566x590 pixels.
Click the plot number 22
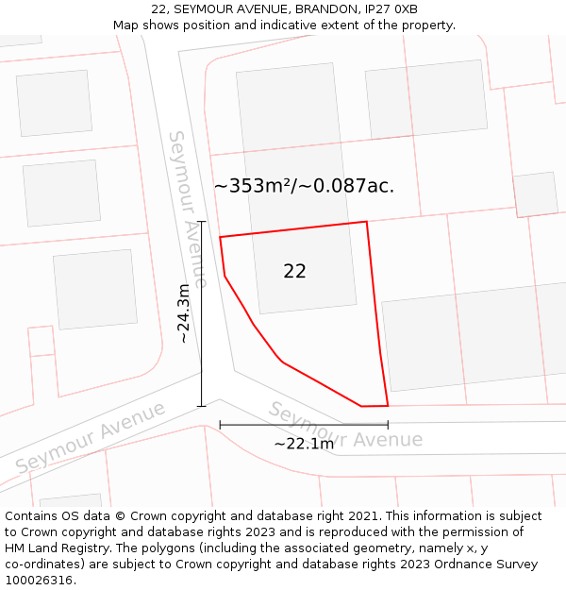294,272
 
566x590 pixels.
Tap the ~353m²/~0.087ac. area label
304,186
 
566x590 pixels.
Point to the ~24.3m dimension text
184,313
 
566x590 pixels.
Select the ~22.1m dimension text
304,444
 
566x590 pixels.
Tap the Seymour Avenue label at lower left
91,438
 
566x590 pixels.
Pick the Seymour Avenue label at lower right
345,428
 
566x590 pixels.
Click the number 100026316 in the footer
40,580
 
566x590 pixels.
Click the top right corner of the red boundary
366,222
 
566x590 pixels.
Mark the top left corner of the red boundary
220,237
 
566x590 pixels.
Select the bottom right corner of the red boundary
388,406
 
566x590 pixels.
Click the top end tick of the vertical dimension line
201,221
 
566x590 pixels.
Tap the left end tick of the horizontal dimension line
220,426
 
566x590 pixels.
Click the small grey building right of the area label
536,194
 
